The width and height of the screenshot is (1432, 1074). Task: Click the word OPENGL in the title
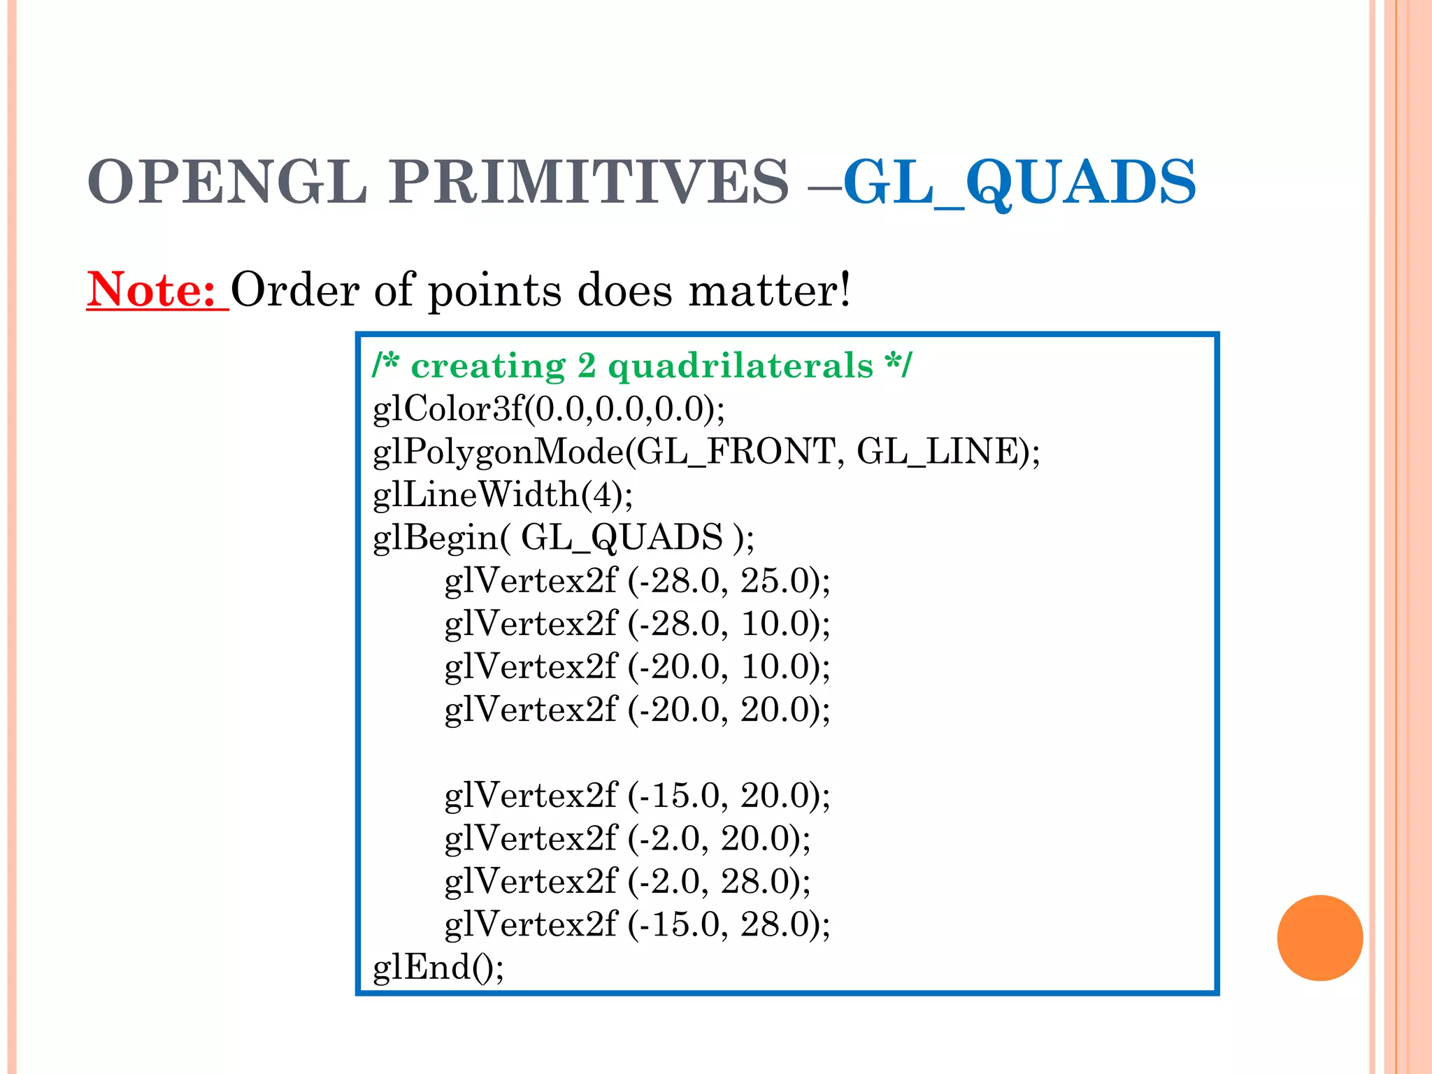(227, 182)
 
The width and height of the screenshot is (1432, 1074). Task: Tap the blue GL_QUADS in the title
(1019, 182)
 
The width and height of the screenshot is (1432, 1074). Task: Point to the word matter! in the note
(770, 289)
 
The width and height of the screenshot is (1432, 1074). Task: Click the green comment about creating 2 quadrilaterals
(641, 366)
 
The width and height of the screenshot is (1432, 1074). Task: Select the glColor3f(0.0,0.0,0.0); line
(549, 408)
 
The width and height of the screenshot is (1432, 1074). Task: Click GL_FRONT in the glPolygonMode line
(736, 451)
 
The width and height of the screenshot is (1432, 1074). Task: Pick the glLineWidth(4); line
(503, 494)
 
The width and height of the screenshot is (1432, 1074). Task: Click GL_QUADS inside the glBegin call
(622, 537)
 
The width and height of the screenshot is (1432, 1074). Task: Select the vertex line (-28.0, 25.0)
(637, 580)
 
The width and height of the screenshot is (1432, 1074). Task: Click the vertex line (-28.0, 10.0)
(637, 623)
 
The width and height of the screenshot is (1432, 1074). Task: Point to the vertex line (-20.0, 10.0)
(637, 666)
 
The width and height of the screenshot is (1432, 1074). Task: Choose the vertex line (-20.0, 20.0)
(637, 709)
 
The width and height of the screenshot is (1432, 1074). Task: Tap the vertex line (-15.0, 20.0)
(637, 795)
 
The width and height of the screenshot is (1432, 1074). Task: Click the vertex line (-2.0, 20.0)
(627, 838)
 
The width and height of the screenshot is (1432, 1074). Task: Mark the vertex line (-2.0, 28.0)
(627, 881)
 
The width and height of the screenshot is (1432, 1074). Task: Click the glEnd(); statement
(438, 968)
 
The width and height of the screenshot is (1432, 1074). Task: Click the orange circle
(1319, 938)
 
